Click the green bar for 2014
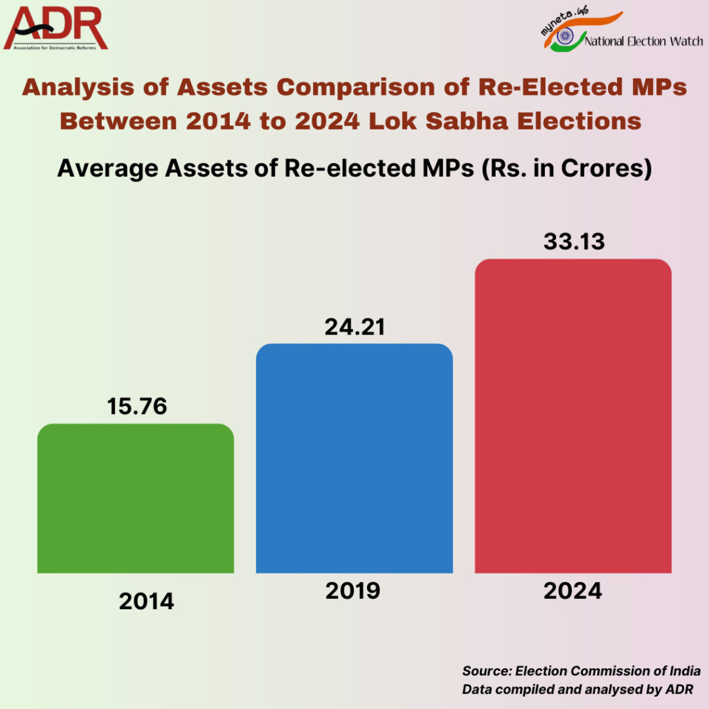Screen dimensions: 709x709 tap(136, 499)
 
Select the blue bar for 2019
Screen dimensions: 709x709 tap(354, 458)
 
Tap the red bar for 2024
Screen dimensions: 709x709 tap(573, 415)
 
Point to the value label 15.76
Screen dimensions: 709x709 tap(137, 406)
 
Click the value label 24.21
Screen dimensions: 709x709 tap(354, 327)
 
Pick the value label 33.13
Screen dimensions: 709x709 tap(575, 242)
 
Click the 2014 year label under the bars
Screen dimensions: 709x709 tap(146, 601)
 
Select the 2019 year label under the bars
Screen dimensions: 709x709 tap(352, 591)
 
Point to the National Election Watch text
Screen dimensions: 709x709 tap(644, 42)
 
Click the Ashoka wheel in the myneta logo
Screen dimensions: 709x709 tap(565, 37)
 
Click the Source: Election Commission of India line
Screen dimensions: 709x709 tap(581, 671)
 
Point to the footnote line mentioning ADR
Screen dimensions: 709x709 tap(577, 689)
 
